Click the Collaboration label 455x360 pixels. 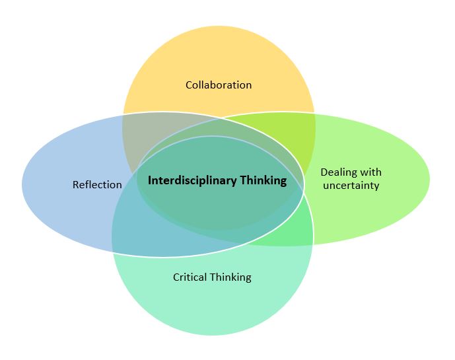click(219, 85)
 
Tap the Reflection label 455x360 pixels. click(97, 185)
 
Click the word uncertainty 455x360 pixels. click(350, 186)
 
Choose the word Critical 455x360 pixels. click(190, 277)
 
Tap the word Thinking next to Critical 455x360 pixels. click(230, 277)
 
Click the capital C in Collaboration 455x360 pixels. click(189, 85)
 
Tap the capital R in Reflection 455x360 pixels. click(75, 185)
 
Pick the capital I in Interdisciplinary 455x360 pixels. click(150, 180)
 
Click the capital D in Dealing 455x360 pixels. click(324, 172)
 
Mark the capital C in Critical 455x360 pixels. click(176, 277)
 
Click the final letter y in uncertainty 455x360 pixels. click(376, 187)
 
